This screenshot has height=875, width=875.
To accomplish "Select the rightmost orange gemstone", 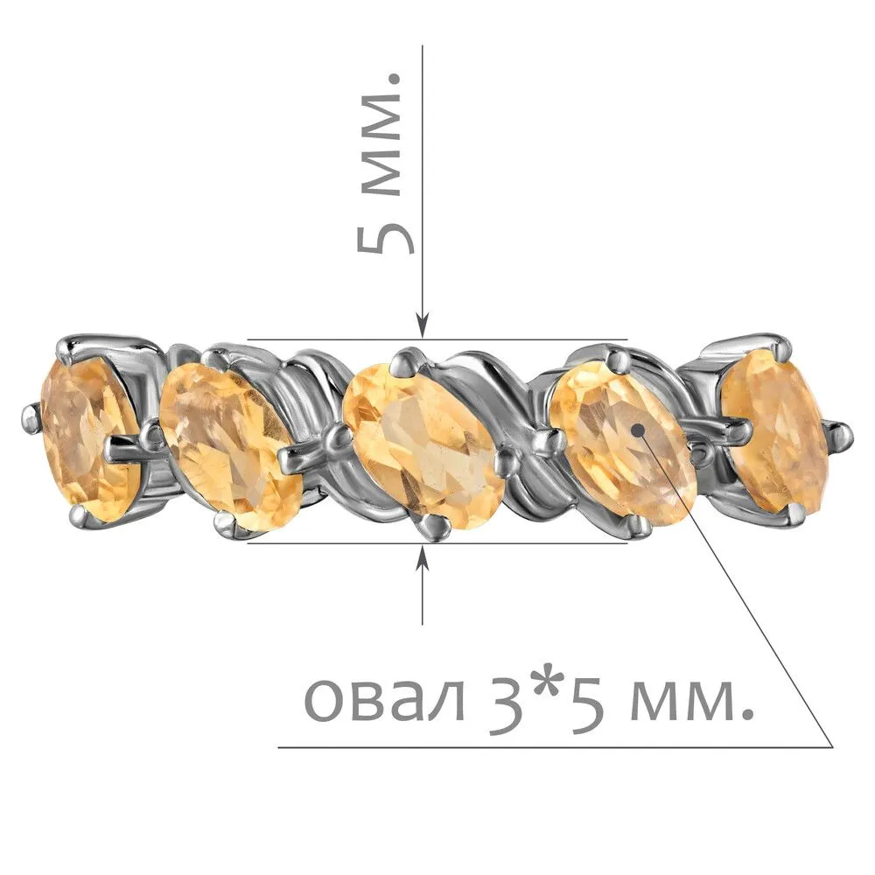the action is pos(774,432).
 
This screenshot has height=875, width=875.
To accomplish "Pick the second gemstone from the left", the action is pos(230,444).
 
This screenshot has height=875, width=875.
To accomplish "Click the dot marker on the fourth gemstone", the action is pos(638,430).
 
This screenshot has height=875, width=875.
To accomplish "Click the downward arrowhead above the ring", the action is pos(423,325).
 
